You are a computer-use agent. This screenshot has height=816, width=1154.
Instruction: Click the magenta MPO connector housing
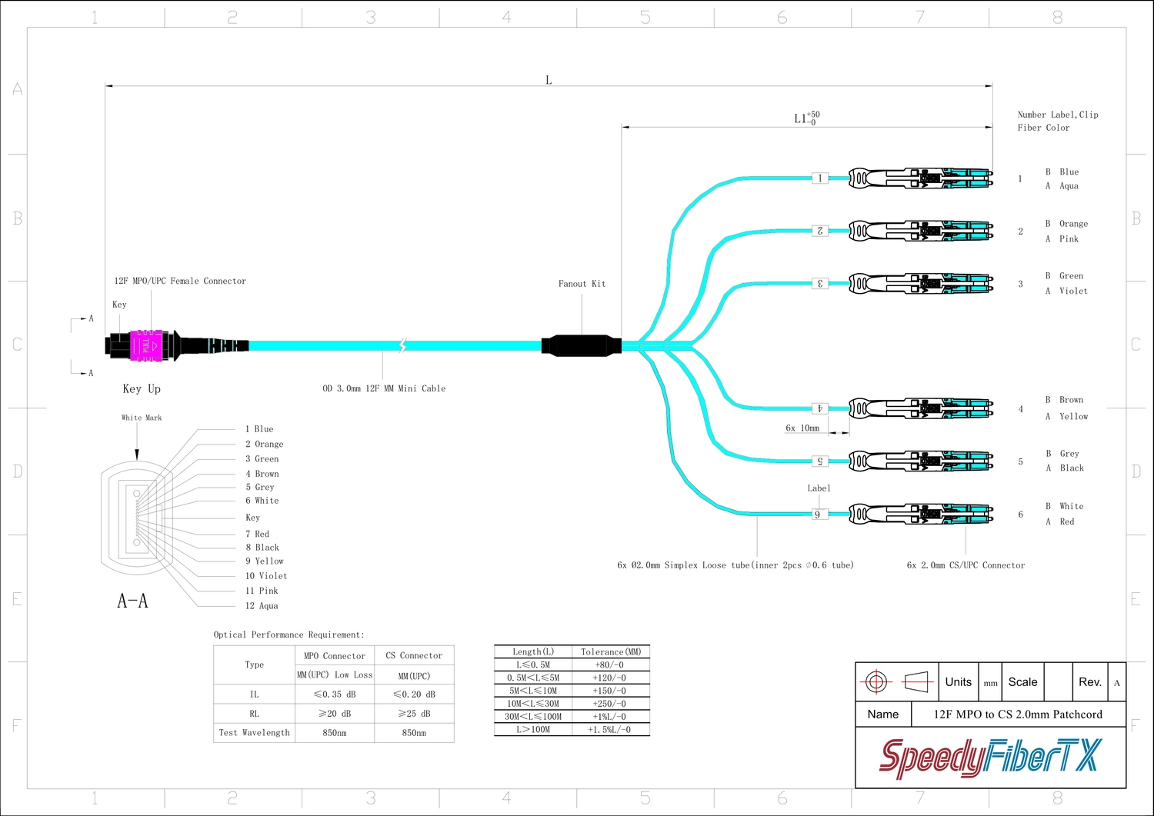[146, 345]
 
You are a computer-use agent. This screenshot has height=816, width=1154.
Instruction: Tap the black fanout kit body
[582, 345]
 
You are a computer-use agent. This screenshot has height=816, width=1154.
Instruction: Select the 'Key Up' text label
[142, 389]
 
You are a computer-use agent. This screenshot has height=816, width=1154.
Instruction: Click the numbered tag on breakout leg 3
[820, 284]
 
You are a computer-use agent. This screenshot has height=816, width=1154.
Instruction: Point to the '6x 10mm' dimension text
[802, 428]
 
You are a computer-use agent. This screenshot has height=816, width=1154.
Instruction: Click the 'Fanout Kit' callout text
[582, 284]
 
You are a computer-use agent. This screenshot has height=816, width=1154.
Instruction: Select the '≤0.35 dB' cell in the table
[335, 694]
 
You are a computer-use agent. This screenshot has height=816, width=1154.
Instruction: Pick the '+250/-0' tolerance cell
[611, 704]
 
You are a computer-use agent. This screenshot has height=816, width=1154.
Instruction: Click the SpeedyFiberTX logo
[991, 757]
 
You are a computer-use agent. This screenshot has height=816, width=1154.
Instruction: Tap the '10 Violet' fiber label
[266, 576]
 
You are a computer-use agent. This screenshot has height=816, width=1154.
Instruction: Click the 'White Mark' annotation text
[142, 418]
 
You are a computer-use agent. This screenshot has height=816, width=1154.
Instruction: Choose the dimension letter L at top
[549, 80]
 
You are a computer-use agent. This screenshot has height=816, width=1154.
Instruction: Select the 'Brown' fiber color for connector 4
[1071, 400]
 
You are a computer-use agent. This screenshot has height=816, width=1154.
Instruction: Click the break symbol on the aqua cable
[402, 345]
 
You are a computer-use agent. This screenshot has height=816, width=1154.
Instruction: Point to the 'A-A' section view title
[132, 601]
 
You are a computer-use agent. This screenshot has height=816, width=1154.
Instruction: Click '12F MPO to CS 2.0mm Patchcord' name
[1018, 714]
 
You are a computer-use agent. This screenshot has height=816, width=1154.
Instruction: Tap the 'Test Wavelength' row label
[254, 733]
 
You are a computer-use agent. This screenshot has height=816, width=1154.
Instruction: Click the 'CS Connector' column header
[414, 656]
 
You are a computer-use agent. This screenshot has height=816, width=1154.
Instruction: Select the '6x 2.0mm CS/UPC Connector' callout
[966, 565]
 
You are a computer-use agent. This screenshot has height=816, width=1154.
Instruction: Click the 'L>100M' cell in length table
[533, 730]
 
